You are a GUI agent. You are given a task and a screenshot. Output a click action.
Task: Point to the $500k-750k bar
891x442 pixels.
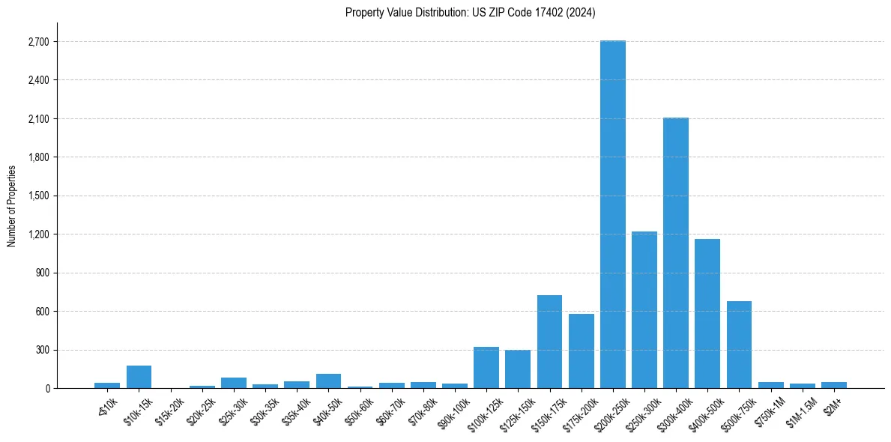[x=739, y=345]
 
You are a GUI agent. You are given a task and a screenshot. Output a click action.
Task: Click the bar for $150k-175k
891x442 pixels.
[x=549, y=342]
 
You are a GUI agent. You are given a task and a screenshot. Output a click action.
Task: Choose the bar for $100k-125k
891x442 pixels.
[x=486, y=367]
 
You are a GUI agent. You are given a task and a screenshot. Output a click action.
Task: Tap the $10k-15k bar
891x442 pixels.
[x=139, y=377]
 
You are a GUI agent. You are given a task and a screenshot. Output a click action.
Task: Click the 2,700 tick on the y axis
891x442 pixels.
[x=38, y=42]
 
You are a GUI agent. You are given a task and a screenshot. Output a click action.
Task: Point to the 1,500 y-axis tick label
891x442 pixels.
[x=38, y=196]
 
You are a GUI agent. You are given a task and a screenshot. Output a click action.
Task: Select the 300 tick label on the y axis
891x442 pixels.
[x=43, y=350]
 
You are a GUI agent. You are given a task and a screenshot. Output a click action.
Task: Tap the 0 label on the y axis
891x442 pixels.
[x=46, y=389]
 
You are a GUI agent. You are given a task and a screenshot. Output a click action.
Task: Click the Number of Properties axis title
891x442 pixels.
[x=11, y=205]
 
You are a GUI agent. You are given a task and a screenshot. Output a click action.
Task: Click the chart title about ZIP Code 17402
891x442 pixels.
[x=470, y=13]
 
